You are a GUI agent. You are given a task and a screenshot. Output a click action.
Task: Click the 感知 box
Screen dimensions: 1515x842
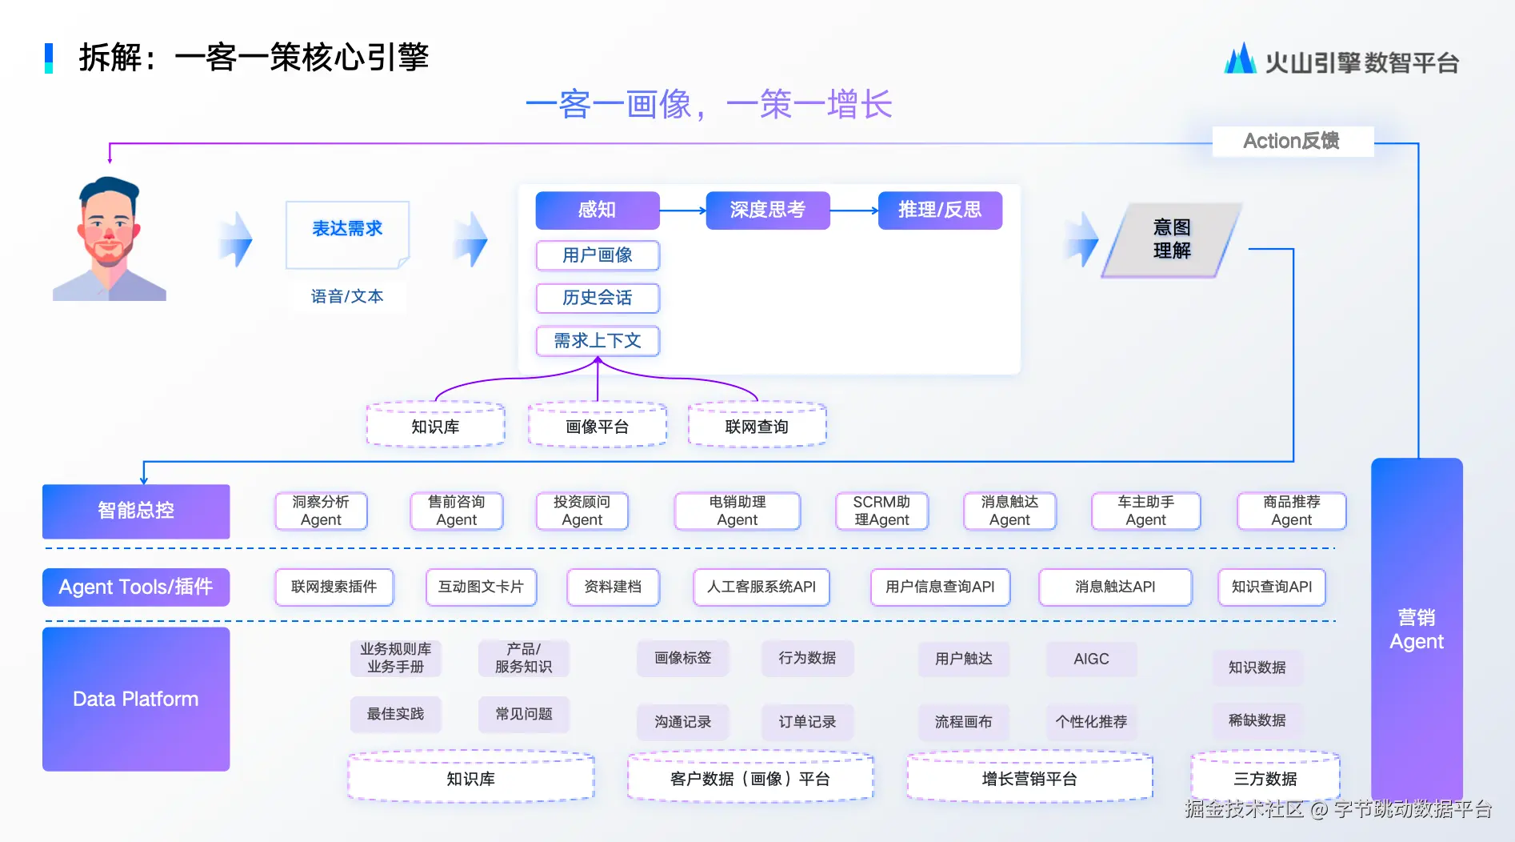point(598,210)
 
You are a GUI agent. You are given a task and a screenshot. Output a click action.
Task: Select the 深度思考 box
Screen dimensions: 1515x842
point(768,210)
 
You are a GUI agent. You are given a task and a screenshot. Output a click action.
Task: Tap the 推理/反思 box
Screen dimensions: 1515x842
point(940,210)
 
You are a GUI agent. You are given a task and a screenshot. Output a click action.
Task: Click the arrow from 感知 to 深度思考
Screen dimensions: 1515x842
point(683,210)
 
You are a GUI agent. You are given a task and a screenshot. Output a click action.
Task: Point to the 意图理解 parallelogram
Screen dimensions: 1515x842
point(1172,239)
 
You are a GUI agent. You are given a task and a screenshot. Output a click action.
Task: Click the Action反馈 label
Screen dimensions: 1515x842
point(1293,141)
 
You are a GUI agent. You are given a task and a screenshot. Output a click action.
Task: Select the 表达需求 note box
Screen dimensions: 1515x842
point(348,235)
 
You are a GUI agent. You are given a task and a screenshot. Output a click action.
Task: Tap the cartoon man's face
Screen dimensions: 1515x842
point(108,224)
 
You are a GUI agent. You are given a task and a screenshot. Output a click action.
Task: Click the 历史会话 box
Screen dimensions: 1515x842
point(598,298)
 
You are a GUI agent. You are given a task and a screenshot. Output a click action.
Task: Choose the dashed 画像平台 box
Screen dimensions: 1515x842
point(598,426)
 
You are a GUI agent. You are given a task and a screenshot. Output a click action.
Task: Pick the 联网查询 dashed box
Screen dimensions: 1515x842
point(757,426)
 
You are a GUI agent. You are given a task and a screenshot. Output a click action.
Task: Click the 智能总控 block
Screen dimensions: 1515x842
point(136,511)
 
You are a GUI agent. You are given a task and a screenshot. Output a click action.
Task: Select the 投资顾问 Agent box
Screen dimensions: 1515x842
point(582,511)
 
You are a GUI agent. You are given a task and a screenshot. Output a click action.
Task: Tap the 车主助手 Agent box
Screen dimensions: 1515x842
point(1145,511)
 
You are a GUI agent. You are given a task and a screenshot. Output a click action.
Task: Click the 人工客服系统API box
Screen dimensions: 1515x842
point(761,587)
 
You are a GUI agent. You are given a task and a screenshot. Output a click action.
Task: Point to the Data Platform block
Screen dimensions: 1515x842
point(136,699)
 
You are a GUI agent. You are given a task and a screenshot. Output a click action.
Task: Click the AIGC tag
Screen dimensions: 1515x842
point(1091,659)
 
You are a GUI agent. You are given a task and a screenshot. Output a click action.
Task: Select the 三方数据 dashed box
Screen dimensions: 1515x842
point(1265,777)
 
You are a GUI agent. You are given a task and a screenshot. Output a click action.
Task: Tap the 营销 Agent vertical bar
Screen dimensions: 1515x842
point(1417,629)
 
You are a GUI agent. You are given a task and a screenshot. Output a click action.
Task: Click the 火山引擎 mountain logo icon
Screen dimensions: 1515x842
point(1240,58)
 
